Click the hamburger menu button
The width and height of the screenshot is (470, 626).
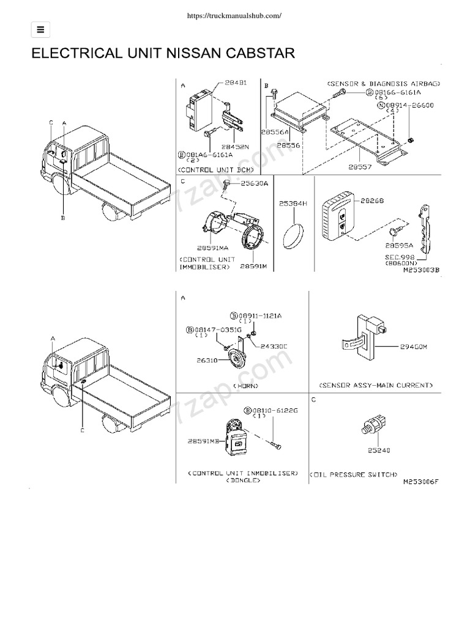tap(40, 29)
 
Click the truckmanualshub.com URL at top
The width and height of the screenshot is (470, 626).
tap(235, 17)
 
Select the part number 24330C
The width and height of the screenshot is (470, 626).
tap(274, 346)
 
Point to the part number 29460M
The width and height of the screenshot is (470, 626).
tap(413, 347)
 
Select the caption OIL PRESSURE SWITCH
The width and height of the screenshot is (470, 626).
tap(355, 474)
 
